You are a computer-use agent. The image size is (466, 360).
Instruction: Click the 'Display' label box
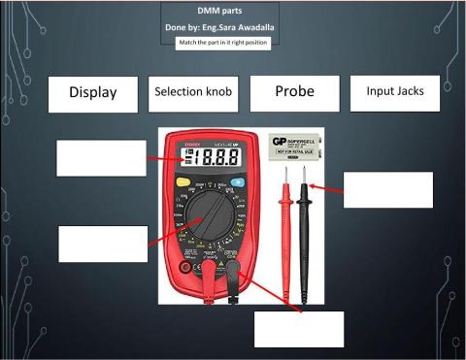92,93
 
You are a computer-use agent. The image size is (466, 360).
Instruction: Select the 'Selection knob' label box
191,92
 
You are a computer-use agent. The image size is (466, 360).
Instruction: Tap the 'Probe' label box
293,92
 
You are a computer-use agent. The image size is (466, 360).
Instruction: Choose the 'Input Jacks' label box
395,92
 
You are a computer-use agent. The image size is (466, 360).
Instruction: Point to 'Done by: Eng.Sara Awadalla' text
219,28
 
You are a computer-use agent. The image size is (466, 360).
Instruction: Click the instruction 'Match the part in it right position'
223,44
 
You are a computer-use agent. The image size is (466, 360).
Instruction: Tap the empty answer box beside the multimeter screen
101,158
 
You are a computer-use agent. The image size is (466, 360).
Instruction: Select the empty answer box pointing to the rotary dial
103,244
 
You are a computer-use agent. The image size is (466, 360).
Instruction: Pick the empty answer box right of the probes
387,189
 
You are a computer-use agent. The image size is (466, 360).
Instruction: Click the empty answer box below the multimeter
299,329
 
